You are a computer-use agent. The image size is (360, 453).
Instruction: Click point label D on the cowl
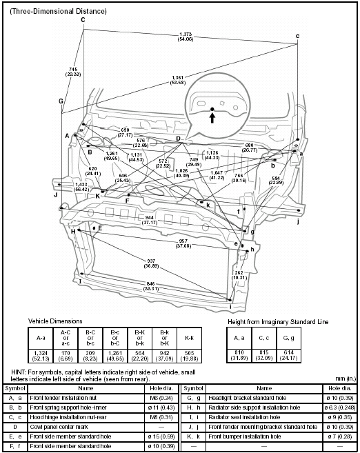tap(178, 139)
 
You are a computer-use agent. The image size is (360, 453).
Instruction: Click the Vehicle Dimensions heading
tap(54, 321)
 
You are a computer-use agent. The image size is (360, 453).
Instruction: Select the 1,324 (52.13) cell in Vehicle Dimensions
tap(39, 355)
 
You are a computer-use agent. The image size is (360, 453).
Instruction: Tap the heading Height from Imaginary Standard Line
tap(278, 322)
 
